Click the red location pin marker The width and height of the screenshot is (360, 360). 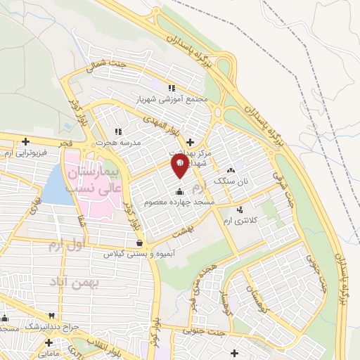179,166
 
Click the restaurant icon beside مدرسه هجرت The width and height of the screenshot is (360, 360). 118,131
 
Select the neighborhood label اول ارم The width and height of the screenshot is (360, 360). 66,245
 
